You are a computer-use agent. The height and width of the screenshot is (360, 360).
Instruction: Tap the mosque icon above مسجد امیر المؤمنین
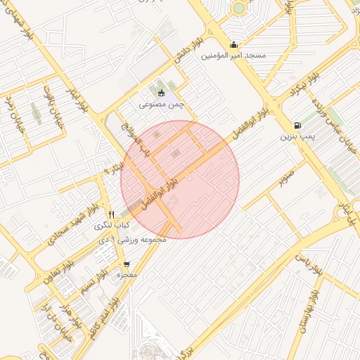[233, 45]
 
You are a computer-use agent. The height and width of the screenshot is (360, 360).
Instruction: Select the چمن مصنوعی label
[161, 104]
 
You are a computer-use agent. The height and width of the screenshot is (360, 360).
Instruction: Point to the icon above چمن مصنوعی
[161, 93]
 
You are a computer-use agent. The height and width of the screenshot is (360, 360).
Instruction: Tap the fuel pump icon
[298, 124]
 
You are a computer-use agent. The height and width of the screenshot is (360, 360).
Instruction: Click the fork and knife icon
[111, 214]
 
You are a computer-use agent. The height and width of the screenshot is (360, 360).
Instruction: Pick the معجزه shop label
[127, 275]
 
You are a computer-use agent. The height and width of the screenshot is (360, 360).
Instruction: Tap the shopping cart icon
[127, 264]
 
